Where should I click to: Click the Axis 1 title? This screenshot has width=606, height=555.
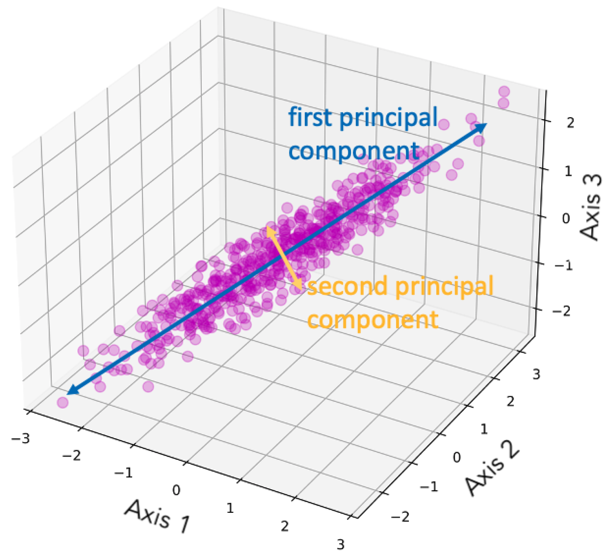pos(158,517)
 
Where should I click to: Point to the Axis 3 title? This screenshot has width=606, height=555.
pos(592,207)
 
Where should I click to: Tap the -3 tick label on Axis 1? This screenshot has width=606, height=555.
pos(20,439)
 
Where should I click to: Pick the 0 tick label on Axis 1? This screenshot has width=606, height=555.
pos(176,490)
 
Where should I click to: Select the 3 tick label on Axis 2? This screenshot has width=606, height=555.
pos(536,374)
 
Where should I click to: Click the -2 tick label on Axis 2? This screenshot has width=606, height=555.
pos(400,516)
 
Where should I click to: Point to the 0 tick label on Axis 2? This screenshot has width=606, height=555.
pos(457,458)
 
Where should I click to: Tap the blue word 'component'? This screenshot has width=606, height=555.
pos(354,151)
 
